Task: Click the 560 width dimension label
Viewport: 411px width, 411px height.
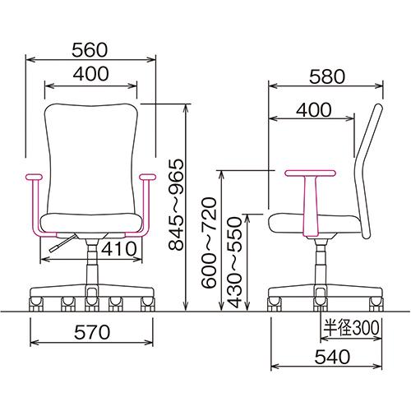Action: pos(90,50)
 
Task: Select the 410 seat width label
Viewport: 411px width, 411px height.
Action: pos(119,249)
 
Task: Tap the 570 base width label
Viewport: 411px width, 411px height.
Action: pos(92,332)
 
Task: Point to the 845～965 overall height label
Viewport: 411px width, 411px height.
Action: pos(176,205)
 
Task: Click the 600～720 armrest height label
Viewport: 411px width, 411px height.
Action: pos(210,242)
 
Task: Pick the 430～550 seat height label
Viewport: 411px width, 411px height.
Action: pos(235,262)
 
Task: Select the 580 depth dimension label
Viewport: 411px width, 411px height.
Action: pos(327,76)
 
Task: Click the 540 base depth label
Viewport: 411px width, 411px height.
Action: pos(332,357)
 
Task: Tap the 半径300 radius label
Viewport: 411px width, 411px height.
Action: pos(352,327)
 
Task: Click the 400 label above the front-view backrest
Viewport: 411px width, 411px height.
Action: pos(90,74)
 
